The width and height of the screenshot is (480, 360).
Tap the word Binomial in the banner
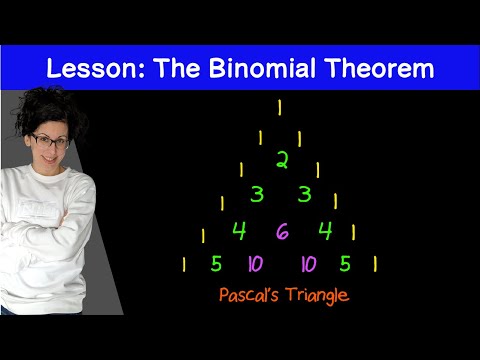[x=262, y=68]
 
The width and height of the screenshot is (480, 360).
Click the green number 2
[x=282, y=160]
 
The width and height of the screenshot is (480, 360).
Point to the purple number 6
[x=282, y=231]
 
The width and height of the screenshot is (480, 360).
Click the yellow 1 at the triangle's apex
[x=280, y=108]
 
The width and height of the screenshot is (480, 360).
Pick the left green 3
[x=257, y=194]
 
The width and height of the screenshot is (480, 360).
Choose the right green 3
[x=304, y=194]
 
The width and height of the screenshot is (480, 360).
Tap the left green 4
[x=239, y=231]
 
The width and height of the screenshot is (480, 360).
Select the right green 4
[x=325, y=231]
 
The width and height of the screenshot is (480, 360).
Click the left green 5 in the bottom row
[x=216, y=264]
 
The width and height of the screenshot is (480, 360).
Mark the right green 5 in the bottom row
[x=345, y=264]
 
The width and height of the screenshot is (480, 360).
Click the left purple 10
[x=256, y=264]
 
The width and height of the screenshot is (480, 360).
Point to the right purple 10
[x=309, y=264]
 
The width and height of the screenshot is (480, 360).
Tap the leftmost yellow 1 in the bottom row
[x=184, y=264]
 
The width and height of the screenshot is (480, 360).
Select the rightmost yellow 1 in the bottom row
[x=375, y=264]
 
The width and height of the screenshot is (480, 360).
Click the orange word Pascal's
[x=249, y=295]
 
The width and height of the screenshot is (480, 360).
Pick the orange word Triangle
[x=318, y=296]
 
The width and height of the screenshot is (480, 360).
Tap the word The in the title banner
[x=177, y=68]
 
